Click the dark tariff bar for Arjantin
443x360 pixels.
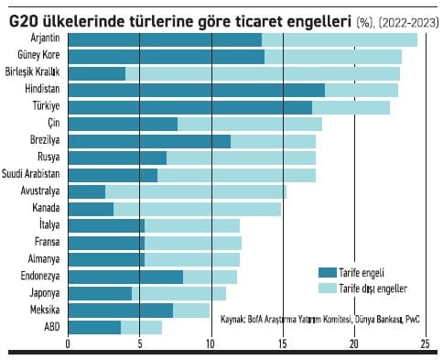tap(165, 39)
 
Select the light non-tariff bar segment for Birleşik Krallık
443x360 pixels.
tap(263, 73)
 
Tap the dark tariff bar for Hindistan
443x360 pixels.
tap(196, 90)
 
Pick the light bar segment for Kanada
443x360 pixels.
tap(197, 209)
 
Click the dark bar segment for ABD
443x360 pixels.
tap(94, 327)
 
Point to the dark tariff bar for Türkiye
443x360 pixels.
tap(189, 107)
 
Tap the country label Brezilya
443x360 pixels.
tap(44, 141)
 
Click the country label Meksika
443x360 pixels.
tap(44, 311)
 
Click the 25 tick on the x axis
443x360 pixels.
tap(425, 344)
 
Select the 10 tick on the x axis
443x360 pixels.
tap(211, 344)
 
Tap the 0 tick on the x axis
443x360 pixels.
tap(68, 344)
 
